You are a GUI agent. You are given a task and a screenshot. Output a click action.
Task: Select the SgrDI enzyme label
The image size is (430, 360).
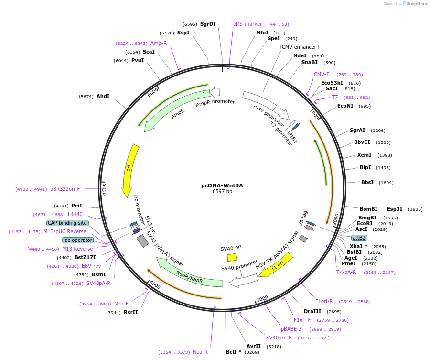(208, 24)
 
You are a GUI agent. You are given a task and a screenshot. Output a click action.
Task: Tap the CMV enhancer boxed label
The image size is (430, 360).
(299, 47)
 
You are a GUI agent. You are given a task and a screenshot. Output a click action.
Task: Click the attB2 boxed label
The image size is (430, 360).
(359, 238)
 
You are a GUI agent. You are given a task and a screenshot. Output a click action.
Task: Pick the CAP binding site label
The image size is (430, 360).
(67, 223)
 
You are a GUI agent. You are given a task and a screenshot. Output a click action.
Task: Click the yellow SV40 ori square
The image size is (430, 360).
(232, 257)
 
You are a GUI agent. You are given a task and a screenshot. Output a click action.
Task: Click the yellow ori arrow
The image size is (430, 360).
(129, 170)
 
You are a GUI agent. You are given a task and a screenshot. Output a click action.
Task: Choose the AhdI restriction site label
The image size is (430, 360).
(103, 96)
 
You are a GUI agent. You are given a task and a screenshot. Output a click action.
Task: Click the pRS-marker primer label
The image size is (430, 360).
(247, 24)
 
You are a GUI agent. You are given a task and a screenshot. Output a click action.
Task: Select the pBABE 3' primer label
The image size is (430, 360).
(291, 329)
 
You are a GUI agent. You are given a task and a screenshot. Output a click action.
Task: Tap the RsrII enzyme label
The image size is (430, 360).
(130, 312)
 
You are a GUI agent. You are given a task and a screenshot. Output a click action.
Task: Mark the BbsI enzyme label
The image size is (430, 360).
(367, 182)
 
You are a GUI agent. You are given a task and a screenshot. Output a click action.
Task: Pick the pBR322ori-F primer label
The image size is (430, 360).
(65, 189)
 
